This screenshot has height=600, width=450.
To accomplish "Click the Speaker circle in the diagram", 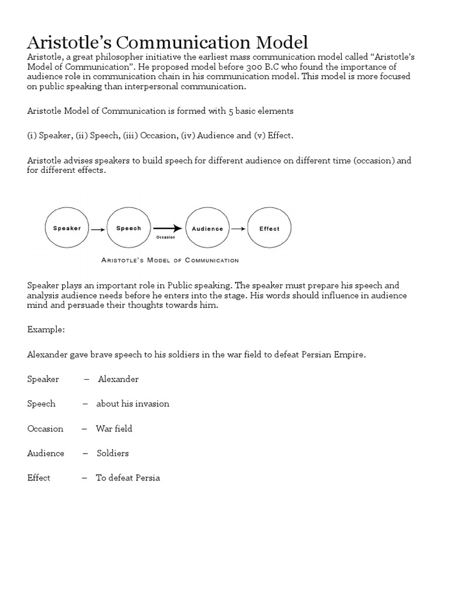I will tap(67, 229).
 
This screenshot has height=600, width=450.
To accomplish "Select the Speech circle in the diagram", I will tap(128, 229).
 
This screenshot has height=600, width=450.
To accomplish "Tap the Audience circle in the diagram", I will tap(207, 229).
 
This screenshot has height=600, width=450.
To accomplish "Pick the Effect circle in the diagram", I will tap(270, 229).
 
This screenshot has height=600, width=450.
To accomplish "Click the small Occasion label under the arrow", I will tap(165, 237).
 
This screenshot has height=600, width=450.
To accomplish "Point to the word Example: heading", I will tap(46, 330).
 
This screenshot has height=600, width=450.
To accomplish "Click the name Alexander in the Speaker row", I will tap(118, 379).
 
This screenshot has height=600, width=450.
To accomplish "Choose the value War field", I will tap(114, 428).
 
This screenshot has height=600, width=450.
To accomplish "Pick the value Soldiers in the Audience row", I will tap(112, 453).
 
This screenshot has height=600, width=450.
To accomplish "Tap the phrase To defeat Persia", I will tap(128, 478).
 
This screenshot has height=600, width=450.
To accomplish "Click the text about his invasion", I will tap(133, 404).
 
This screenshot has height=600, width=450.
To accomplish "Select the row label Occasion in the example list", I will tap(45, 428).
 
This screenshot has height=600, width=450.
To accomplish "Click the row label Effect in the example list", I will tap(39, 478).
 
